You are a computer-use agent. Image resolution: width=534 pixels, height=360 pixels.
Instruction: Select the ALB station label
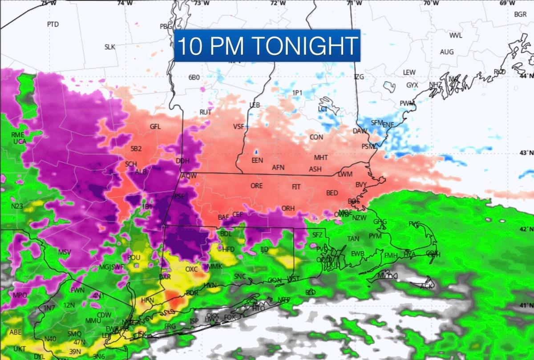click(x=141, y=172)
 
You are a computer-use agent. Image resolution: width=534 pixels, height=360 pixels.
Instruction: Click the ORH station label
click(x=288, y=208)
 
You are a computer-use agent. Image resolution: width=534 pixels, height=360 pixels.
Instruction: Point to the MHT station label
click(x=321, y=158)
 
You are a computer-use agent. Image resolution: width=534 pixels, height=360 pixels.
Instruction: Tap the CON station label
click(x=316, y=137)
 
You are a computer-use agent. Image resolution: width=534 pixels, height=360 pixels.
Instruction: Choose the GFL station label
click(x=155, y=126)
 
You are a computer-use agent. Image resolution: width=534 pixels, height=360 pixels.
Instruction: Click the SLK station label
click(x=110, y=47)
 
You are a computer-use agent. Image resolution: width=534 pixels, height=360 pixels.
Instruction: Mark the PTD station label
click(x=53, y=24)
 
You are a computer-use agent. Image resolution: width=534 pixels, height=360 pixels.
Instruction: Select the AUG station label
click(x=447, y=52)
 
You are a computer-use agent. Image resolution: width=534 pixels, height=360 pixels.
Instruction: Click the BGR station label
click(x=520, y=14)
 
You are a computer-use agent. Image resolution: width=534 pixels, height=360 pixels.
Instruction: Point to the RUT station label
click(x=205, y=112)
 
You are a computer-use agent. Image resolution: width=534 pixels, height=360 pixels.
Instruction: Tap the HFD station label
click(x=228, y=249)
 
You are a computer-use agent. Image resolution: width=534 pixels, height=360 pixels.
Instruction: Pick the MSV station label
click(x=65, y=252)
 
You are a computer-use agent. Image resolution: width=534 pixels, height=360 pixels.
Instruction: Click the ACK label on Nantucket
click(x=426, y=286)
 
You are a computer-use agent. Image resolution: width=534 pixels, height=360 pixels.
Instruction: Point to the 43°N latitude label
click(x=526, y=153)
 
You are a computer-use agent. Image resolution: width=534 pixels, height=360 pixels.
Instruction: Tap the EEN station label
click(x=257, y=160)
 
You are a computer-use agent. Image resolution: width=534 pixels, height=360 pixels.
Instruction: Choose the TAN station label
click(x=353, y=239)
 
